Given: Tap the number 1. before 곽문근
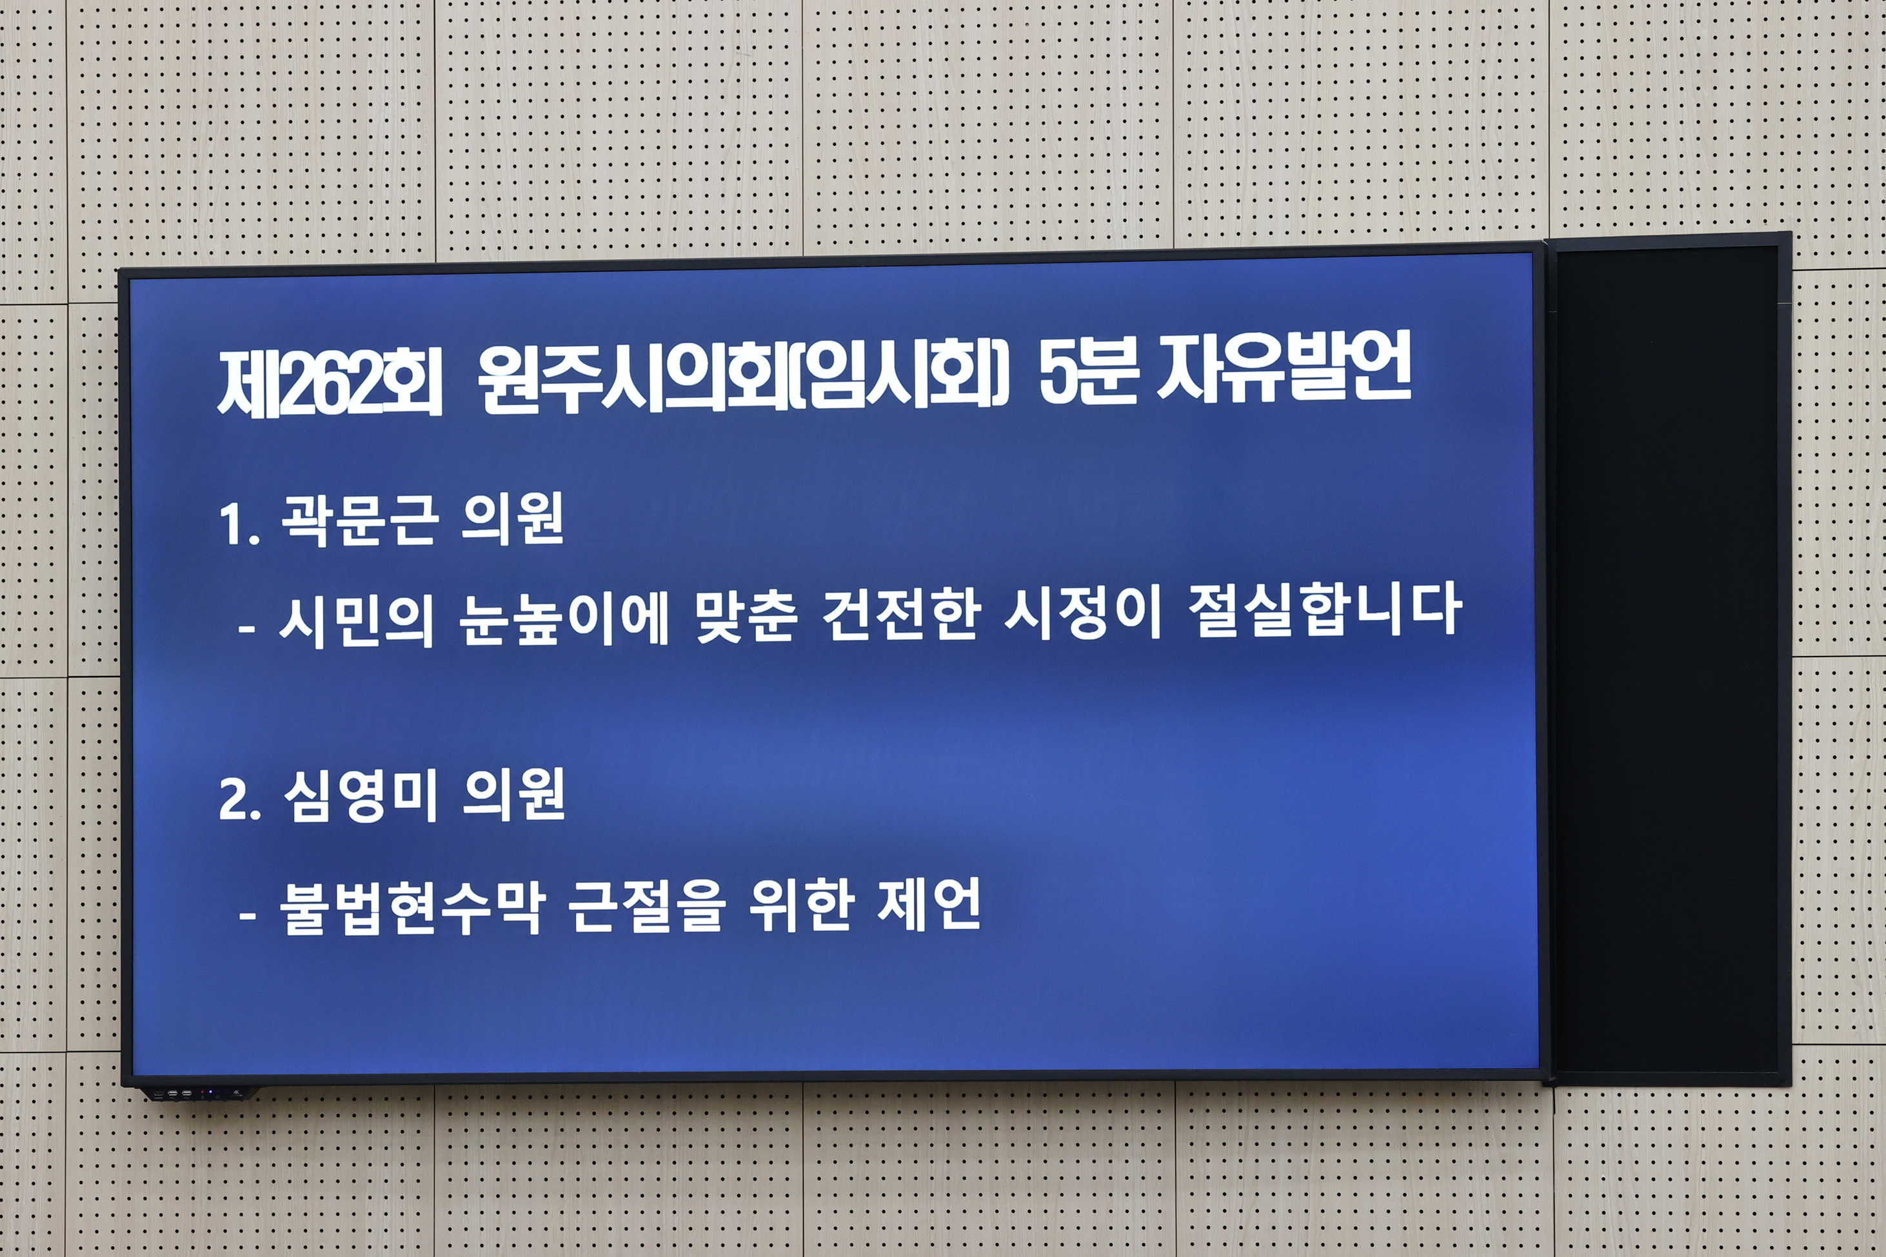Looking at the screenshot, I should [239, 526].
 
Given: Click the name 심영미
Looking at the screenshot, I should [360, 795].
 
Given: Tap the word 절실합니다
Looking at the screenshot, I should [1324, 611].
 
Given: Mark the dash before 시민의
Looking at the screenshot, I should [247, 628].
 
